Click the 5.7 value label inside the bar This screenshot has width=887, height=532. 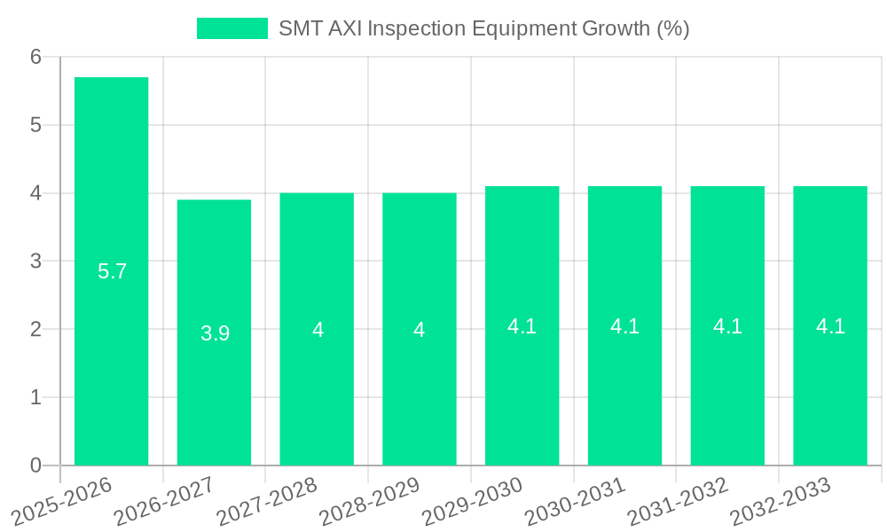point(113,271)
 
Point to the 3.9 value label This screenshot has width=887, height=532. point(216,333)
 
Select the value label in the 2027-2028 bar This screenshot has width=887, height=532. point(318,330)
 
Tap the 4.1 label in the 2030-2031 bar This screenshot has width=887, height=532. point(625,326)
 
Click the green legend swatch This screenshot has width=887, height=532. point(232,28)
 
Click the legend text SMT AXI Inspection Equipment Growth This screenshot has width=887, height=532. point(483,28)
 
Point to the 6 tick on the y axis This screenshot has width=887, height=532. point(36,57)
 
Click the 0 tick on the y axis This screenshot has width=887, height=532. point(36,465)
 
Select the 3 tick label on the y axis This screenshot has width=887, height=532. point(36,262)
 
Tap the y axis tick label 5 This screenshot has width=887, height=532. point(36,125)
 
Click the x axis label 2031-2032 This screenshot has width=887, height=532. point(679,500)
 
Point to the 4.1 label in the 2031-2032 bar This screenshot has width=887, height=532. point(727,326)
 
